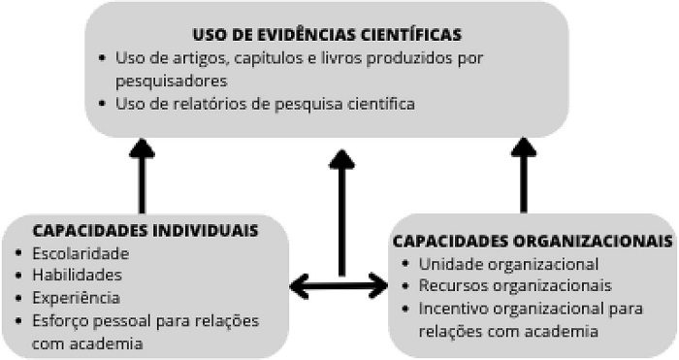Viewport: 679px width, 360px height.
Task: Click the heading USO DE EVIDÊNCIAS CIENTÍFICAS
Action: [x=327, y=35]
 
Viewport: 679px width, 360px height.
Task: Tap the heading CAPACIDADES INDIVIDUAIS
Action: [x=145, y=230]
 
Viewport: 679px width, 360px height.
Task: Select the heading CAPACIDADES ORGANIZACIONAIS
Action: [x=533, y=241]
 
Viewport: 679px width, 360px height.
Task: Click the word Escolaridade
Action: [x=81, y=253]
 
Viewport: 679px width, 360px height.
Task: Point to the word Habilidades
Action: [x=77, y=275]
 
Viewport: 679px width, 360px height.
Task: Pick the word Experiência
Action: [x=77, y=298]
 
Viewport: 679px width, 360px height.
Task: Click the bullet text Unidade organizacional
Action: [x=508, y=264]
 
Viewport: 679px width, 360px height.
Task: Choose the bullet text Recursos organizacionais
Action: [x=515, y=286]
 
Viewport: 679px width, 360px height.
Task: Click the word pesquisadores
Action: [x=172, y=82]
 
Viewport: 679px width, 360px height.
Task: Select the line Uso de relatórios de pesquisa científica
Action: [x=265, y=104]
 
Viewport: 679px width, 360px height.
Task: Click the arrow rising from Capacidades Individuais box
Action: [x=142, y=176]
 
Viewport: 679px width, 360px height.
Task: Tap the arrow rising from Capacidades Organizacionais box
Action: [x=524, y=175]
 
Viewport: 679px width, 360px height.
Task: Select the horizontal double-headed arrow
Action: [x=339, y=286]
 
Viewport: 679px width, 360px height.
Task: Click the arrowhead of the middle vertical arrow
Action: [x=342, y=159]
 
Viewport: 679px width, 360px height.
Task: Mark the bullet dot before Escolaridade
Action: [x=18, y=253]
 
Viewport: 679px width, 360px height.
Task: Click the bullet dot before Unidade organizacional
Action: [x=404, y=264]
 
